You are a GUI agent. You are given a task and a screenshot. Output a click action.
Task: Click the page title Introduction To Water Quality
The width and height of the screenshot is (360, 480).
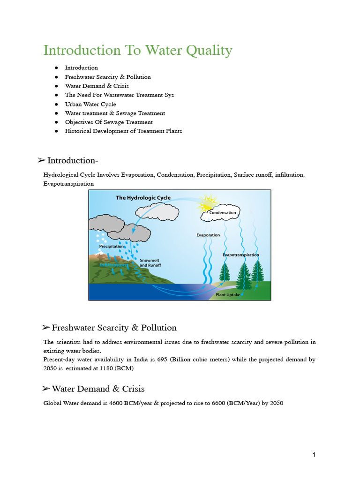point(138,50)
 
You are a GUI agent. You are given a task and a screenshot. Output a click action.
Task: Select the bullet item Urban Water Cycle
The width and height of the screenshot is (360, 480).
point(90,104)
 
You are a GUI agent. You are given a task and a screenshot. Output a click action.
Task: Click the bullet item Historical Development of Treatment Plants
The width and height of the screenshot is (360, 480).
point(123,131)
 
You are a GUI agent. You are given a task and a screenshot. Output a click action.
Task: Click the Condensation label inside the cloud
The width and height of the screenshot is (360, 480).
point(223,212)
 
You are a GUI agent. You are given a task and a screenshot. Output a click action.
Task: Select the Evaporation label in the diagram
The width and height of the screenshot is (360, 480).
point(208,235)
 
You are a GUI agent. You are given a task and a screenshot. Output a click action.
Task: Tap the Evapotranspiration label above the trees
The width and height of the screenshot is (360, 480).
point(240,255)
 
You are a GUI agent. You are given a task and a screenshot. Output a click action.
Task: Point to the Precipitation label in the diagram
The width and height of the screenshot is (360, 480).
point(112,246)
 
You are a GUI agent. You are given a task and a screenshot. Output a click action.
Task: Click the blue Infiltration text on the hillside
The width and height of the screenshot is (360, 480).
point(113,265)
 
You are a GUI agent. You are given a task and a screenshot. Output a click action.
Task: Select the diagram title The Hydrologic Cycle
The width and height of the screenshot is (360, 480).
point(143,198)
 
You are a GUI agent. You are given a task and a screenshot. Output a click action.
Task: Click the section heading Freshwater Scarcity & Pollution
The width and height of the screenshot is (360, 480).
point(114,328)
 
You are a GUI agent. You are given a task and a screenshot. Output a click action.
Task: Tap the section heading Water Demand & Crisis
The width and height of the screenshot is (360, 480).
point(98,389)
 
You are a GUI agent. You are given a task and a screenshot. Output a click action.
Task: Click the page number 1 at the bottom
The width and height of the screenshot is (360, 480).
point(314,455)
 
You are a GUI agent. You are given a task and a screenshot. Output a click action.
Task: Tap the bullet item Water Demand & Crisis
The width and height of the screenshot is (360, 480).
point(97,86)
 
